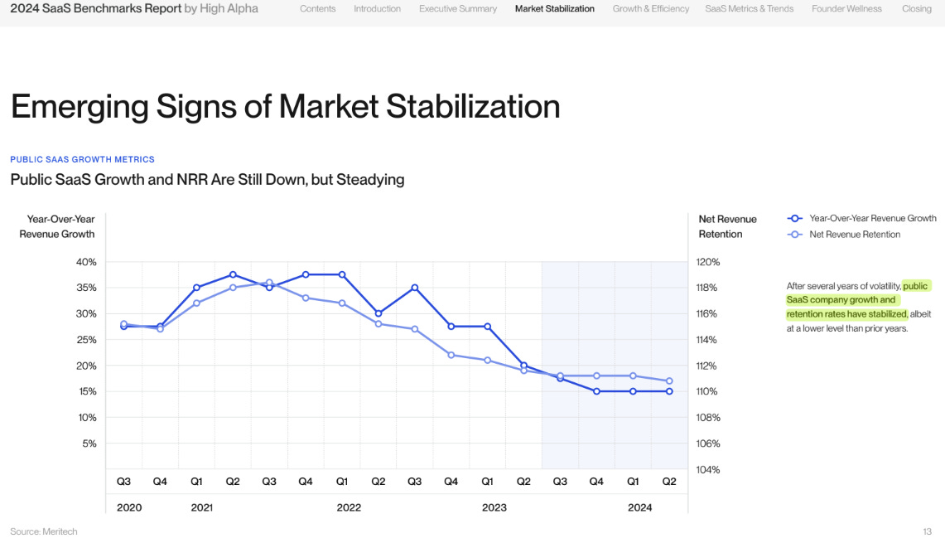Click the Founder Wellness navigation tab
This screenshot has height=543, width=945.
tap(846, 9)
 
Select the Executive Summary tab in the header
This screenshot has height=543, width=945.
tap(457, 9)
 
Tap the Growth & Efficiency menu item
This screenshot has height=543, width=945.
tap(650, 9)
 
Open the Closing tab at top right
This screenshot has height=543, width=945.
tap(917, 9)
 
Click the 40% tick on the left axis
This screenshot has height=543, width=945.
tap(87, 262)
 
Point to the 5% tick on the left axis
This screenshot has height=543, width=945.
tap(89, 444)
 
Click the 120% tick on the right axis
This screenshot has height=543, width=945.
tap(708, 262)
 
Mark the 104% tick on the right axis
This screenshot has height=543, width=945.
tap(708, 469)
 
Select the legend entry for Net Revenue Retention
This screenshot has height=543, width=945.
tap(854, 235)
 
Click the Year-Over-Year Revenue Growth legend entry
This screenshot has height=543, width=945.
tap(872, 218)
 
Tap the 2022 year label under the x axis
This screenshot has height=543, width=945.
tap(349, 507)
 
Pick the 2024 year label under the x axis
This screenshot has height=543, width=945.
tap(639, 507)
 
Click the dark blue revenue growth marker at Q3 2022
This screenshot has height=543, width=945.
tap(415, 288)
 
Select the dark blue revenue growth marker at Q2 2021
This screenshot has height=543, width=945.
tap(233, 274)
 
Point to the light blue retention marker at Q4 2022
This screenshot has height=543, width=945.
tap(451, 355)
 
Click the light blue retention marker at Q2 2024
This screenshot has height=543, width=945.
tap(669, 381)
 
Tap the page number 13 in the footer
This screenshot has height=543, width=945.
tap(927, 531)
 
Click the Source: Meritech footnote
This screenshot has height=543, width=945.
tap(43, 531)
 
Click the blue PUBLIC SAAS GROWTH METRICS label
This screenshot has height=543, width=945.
tap(82, 159)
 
